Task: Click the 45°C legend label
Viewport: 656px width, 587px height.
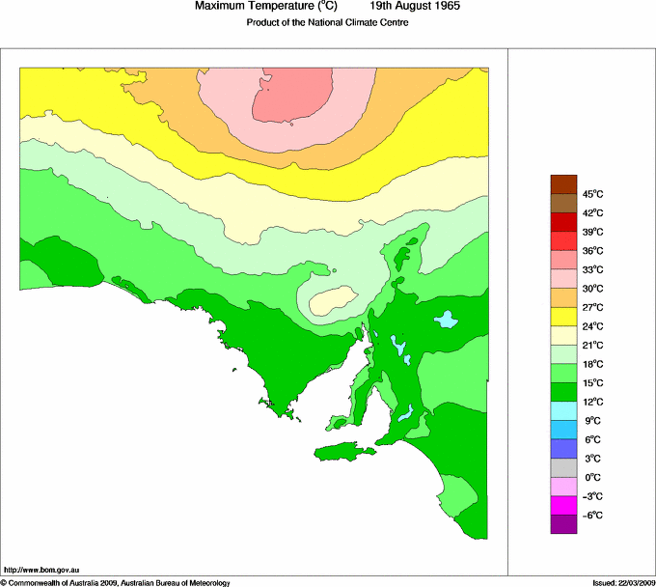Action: pyautogui.click(x=591, y=194)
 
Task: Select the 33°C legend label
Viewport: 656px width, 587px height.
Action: pyautogui.click(x=591, y=269)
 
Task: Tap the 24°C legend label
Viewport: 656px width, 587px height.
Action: pyautogui.click(x=591, y=326)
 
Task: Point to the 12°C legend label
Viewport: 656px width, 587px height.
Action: pyautogui.click(x=591, y=402)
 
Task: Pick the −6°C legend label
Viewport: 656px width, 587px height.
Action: pyautogui.click(x=591, y=516)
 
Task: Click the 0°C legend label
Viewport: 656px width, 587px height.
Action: pyautogui.click(x=591, y=477)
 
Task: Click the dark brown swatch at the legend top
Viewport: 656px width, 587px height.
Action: pyautogui.click(x=562, y=183)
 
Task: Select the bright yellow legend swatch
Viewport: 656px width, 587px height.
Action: pyautogui.click(x=562, y=317)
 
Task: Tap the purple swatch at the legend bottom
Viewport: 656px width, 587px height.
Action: pyautogui.click(x=562, y=524)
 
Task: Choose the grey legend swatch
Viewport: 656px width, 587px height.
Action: pyautogui.click(x=562, y=468)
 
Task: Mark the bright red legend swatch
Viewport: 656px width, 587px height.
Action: pyautogui.click(x=562, y=240)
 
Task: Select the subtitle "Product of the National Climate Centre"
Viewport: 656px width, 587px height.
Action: pyautogui.click(x=328, y=22)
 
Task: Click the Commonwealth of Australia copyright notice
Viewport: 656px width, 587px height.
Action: pyautogui.click(x=116, y=582)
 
